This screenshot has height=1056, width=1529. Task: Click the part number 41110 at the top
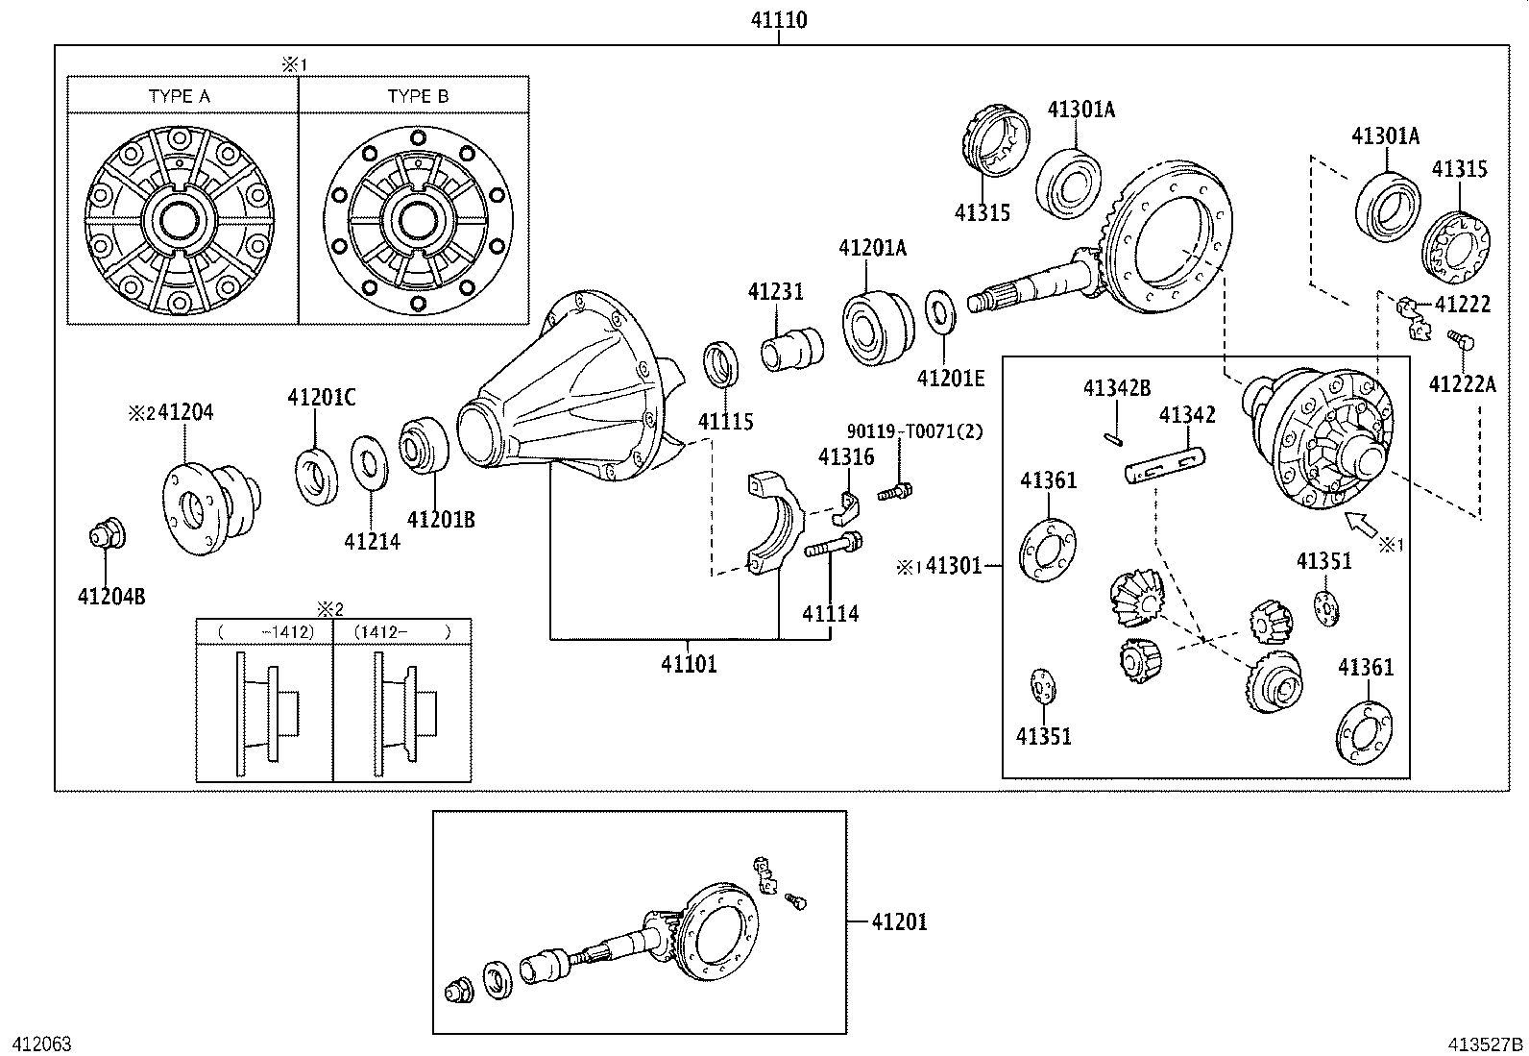tap(778, 19)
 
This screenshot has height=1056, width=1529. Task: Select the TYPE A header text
tap(180, 96)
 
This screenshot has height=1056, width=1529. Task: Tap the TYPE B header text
tap(418, 96)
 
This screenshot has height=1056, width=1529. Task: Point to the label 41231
tap(775, 291)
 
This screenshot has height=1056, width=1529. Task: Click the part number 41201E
tap(951, 378)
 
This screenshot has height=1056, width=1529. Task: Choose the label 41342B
tap(1116, 388)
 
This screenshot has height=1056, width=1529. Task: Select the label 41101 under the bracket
tap(688, 663)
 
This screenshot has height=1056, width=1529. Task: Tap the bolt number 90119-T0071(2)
tap(914, 431)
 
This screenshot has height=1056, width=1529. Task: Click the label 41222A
tap(1462, 384)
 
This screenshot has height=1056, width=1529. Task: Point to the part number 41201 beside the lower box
tap(899, 921)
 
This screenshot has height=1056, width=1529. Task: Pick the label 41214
tap(372, 542)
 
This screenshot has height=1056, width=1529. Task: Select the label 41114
tap(831, 613)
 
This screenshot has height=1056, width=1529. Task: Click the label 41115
tap(725, 421)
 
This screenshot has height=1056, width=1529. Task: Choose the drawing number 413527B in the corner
tap(1487, 1044)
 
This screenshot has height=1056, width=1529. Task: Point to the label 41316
tap(846, 456)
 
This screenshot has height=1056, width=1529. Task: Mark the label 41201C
tap(321, 397)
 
